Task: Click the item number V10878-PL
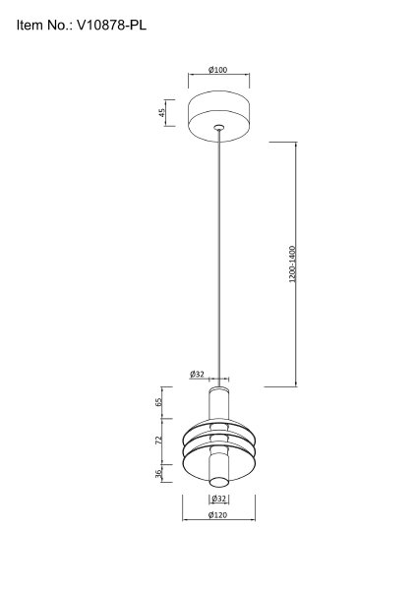pos(111,26)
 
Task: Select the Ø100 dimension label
pos(218,70)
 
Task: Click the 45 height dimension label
pos(162,112)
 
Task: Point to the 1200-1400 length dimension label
pos(293,264)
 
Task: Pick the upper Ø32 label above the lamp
pos(197,374)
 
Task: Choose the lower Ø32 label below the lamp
pos(219,499)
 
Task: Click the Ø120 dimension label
pos(218,514)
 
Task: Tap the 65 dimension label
pos(158,402)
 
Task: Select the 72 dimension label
pos(158,441)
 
